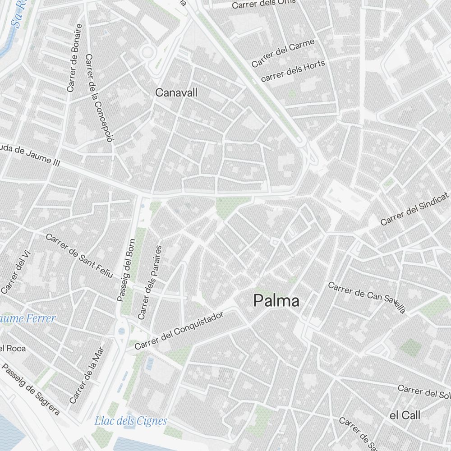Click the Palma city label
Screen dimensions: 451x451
(276, 301)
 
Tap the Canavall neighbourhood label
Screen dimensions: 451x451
(176, 92)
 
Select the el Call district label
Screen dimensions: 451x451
(405, 415)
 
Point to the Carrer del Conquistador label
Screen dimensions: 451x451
(179, 331)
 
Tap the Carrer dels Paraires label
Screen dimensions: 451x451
(150, 282)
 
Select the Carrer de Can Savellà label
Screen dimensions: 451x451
(367, 297)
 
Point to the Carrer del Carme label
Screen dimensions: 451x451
(283, 53)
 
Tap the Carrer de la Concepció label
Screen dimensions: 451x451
(98, 98)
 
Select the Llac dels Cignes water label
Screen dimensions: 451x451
(130, 421)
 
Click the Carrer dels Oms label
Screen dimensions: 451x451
(264, 4)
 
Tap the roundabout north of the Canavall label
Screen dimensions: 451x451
(147, 52)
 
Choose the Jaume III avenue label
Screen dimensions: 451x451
(30, 156)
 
